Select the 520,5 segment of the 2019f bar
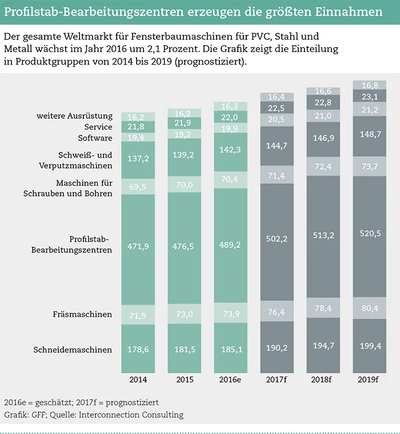(369, 236)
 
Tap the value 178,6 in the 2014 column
(137, 349)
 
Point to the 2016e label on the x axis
(230, 380)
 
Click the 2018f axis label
(323, 380)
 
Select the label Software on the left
(95, 138)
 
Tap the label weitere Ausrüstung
(74, 116)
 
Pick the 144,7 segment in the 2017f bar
(277, 146)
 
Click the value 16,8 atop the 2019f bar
(369, 86)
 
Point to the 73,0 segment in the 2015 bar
(183, 315)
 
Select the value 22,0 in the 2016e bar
(230, 116)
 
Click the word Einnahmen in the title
(348, 12)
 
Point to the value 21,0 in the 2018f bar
(323, 116)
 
